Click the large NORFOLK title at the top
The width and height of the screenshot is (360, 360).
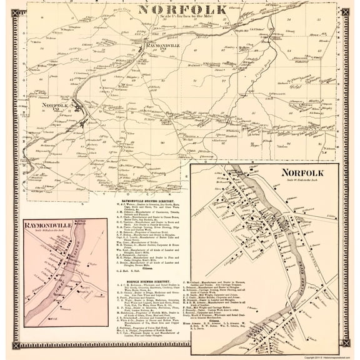tap(179, 11)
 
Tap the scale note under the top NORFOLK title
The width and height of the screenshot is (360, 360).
tap(179, 19)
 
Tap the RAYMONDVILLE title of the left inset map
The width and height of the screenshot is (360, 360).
tap(46, 226)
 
